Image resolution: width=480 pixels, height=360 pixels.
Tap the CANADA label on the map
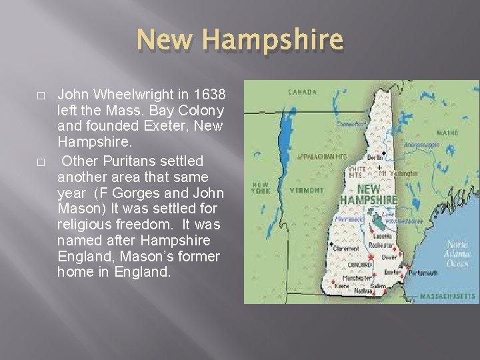tap(303, 91)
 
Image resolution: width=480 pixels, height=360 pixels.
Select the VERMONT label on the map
tap(307, 189)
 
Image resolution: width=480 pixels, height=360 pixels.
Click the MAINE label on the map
tap(448, 133)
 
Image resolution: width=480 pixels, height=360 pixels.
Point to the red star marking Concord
tap(368, 256)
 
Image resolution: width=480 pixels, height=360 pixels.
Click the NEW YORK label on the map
tap(261, 187)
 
